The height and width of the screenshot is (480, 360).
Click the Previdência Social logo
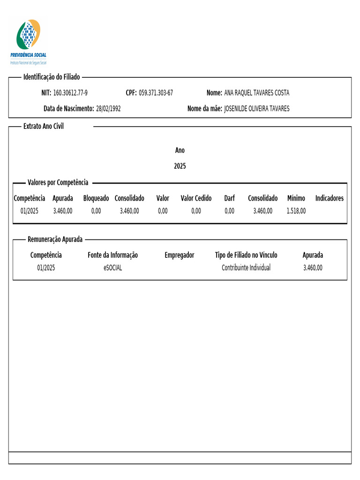click(29, 41)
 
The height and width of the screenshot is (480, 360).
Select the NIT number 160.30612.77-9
click(70, 93)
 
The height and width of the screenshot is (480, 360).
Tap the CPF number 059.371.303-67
click(156, 93)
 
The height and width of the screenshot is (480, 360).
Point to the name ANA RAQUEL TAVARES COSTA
click(257, 93)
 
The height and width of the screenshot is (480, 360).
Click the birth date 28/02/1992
click(108, 109)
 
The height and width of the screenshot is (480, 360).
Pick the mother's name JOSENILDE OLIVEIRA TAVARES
click(257, 109)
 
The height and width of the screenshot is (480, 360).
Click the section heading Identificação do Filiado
click(52, 77)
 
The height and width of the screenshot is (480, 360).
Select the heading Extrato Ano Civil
click(44, 127)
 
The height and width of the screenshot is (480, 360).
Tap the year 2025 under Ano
click(180, 166)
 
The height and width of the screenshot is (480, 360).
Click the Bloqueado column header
click(96, 198)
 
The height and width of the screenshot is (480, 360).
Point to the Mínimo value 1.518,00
click(296, 211)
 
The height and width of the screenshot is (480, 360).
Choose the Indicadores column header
click(329, 198)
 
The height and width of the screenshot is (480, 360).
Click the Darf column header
click(229, 198)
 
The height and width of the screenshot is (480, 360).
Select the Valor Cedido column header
click(196, 198)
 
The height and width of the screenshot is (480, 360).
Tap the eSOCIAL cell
click(113, 268)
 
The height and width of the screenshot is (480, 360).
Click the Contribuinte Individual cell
click(246, 268)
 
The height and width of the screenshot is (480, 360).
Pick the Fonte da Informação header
click(113, 255)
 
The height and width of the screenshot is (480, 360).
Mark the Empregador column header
click(180, 255)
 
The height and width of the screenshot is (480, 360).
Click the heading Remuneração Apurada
click(55, 239)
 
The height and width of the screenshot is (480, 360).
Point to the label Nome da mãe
click(204, 109)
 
